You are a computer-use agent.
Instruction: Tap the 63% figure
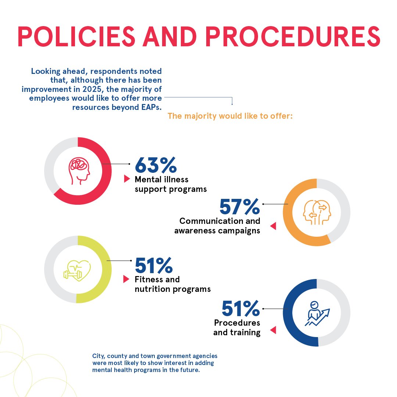(155, 165)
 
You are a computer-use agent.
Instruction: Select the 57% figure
(239, 207)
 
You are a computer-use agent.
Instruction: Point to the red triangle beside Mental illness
(127, 179)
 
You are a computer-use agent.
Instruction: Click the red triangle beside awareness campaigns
(273, 226)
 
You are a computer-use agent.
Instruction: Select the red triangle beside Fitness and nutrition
(126, 279)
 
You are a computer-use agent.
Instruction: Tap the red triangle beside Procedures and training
(273, 330)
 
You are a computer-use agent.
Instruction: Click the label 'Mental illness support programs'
(170, 184)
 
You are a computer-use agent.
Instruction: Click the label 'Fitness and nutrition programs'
(172, 284)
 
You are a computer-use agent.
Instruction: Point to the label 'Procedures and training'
(237, 328)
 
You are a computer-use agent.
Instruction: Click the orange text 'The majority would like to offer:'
(230, 116)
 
